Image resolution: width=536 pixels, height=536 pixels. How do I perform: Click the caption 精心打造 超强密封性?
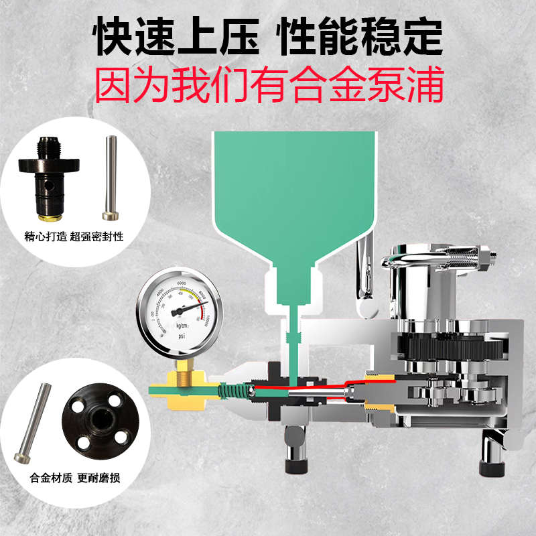74,237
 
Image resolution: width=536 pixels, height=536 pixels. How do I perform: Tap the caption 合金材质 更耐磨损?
74,479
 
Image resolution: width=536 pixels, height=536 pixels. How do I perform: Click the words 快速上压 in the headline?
176,39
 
